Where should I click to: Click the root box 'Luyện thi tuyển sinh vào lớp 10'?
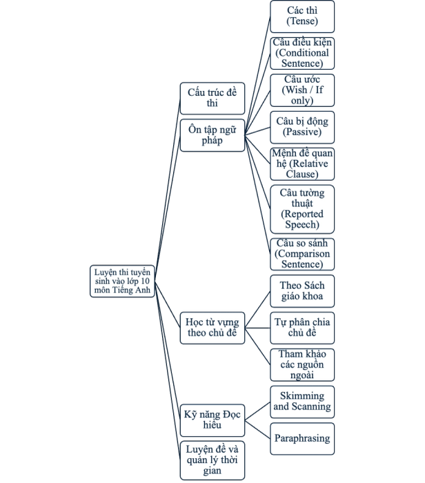(122, 282)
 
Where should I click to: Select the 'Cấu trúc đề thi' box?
(212, 98)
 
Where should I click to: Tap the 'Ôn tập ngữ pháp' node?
(212, 135)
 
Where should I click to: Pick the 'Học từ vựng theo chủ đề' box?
(212, 328)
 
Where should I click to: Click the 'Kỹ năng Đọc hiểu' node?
(212, 420)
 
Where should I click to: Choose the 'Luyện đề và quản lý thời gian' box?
(212, 460)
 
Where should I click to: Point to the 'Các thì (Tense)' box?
(302, 17)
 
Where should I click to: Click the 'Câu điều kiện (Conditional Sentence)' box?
(302, 53)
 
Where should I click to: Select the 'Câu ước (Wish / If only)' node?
(302, 90)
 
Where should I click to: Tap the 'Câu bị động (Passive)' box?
(302, 127)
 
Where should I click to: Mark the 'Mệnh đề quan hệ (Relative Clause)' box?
(302, 164)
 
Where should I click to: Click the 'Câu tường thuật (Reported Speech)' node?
(302, 209)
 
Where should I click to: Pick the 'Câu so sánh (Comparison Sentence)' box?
(302, 254)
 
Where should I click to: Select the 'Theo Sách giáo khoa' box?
(302, 291)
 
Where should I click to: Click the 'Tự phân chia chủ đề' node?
(302, 328)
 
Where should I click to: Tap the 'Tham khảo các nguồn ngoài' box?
(302, 365)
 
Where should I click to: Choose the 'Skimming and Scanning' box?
(302, 402)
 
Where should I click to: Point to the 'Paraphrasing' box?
(302, 439)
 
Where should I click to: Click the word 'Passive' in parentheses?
(302, 132)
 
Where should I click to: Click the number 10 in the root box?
(145, 282)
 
